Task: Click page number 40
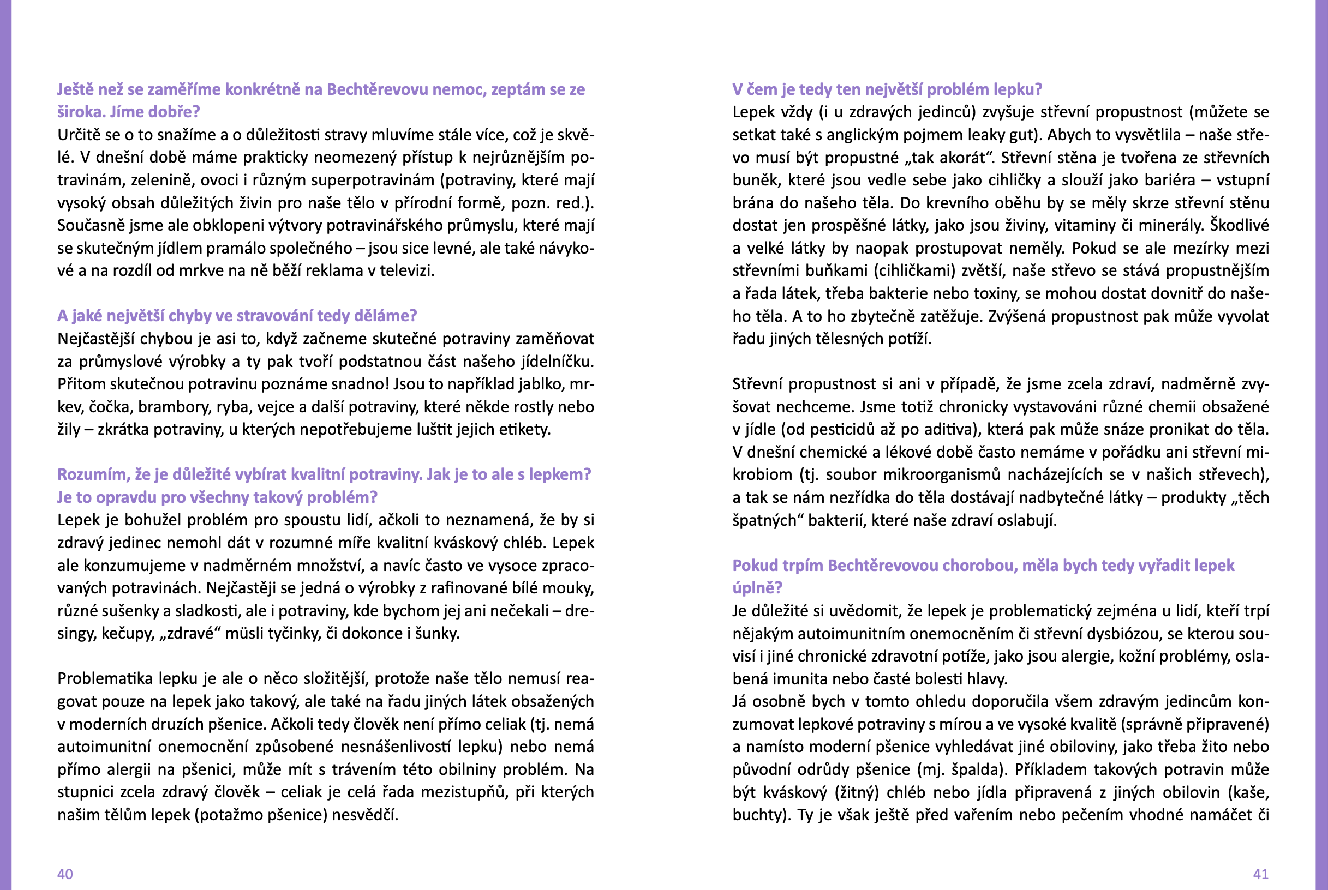[x=65, y=874]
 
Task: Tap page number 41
[x=1260, y=874]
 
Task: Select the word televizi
[x=406, y=270]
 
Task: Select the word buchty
[x=758, y=815]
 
